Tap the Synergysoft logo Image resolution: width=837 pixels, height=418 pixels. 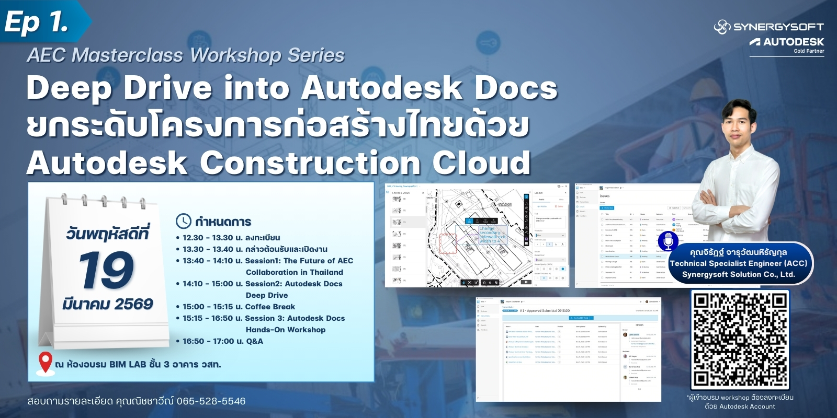click(x=768, y=27)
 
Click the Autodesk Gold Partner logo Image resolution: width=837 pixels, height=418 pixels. click(x=787, y=44)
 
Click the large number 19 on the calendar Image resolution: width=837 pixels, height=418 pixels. click(x=107, y=270)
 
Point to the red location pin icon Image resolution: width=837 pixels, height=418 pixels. click(x=46, y=363)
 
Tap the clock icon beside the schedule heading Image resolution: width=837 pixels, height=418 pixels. click(x=183, y=221)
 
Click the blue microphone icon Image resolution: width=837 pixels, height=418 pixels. click(x=668, y=241)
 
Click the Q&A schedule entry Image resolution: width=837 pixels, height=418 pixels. click(x=223, y=341)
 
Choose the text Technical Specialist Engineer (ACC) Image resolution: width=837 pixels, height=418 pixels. click(x=738, y=263)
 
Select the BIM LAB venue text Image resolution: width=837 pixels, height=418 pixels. click(x=128, y=364)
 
